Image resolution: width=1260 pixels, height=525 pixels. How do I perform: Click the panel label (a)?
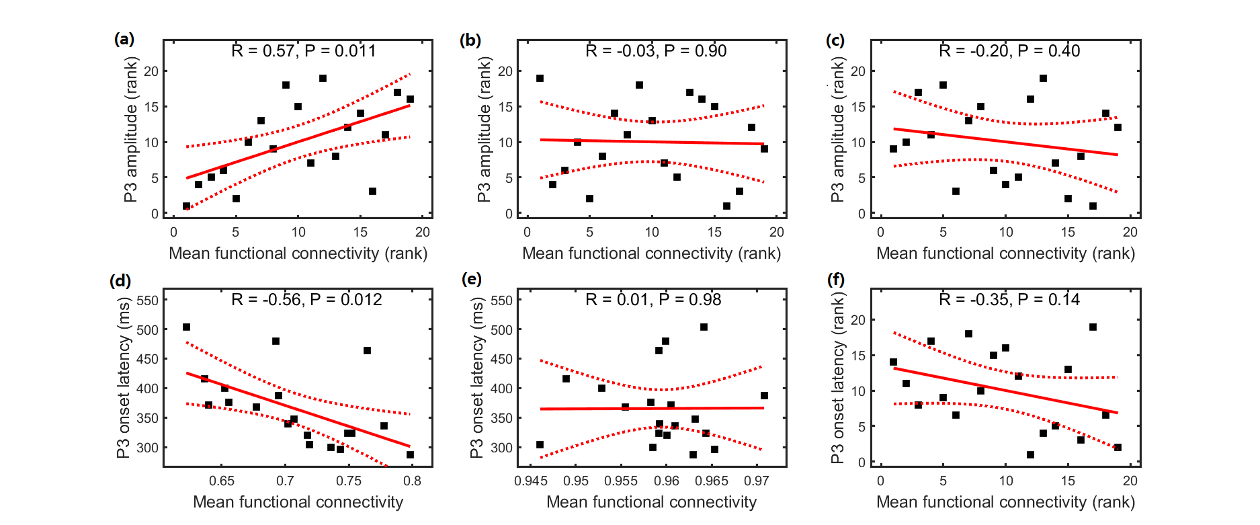click(x=124, y=39)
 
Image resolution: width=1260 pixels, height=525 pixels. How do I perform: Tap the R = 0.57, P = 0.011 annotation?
click(x=304, y=51)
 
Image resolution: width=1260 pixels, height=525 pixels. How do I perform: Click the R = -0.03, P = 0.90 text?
click(x=656, y=51)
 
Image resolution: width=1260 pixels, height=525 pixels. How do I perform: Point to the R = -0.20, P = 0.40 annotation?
click(x=1009, y=51)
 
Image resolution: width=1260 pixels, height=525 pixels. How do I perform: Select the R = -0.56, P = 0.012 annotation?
click(x=306, y=300)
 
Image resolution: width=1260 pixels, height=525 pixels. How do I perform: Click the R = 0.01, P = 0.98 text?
click(x=653, y=300)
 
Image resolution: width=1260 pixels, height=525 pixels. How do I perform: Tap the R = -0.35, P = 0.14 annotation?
click(x=1009, y=300)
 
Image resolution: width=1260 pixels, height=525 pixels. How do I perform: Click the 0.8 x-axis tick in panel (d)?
click(x=412, y=481)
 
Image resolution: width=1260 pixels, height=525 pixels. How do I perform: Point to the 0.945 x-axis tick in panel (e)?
click(x=530, y=481)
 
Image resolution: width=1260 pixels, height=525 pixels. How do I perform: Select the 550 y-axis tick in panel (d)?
click(x=148, y=300)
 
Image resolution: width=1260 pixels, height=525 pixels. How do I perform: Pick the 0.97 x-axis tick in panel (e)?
click(x=757, y=481)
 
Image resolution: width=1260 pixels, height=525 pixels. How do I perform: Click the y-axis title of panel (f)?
click(x=837, y=377)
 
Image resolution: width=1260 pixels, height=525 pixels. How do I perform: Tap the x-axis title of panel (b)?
click(x=651, y=253)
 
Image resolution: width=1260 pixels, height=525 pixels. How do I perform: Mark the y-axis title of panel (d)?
click(x=124, y=378)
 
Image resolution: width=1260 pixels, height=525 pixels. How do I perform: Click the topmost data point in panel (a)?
click(x=323, y=79)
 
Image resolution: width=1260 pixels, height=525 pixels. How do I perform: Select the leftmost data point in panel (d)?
click(x=186, y=327)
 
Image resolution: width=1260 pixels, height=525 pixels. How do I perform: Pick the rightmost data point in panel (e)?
click(x=764, y=396)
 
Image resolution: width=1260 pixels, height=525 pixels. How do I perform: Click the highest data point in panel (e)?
click(x=704, y=327)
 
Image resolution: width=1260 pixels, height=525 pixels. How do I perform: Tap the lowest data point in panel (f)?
click(x=1030, y=455)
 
